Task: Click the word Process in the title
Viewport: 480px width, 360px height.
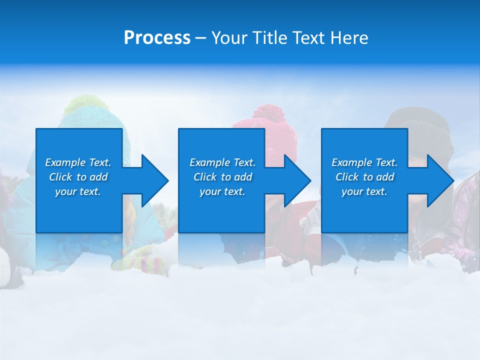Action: (157, 38)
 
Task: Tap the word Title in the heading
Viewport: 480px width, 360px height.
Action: (269, 38)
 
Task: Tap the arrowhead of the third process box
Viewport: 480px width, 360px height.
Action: (439, 180)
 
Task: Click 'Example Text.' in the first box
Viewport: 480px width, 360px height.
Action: (78, 162)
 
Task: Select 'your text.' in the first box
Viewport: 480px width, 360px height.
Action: (78, 191)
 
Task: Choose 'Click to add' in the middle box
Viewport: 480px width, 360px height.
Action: (222, 177)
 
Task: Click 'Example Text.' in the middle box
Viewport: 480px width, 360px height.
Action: (222, 162)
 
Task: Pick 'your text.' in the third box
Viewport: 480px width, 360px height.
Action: (364, 191)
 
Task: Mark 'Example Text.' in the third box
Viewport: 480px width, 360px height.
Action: (364, 162)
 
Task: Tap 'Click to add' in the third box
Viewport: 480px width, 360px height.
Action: (364, 177)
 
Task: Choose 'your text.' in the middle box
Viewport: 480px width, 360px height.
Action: (222, 191)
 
